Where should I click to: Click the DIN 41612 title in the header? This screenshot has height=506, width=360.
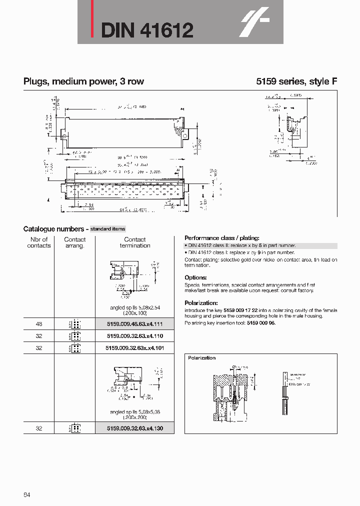tap(147, 31)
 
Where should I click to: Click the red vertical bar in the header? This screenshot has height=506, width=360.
tap(92, 19)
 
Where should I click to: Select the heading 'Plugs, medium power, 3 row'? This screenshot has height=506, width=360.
tap(83, 81)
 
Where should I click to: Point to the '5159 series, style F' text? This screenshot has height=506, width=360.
tap(296, 81)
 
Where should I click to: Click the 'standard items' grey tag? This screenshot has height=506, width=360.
tap(107, 229)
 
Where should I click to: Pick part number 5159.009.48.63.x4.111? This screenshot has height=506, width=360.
tap(135, 324)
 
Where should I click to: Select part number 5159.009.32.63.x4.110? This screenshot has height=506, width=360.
tap(135, 336)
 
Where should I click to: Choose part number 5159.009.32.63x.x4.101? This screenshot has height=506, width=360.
tap(135, 347)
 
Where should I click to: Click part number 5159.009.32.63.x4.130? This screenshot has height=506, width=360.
tap(135, 428)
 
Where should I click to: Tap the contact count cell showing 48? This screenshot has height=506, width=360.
tap(39, 324)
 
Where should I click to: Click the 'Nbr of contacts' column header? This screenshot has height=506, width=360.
tap(39, 242)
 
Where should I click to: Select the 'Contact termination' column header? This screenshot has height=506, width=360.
tap(135, 242)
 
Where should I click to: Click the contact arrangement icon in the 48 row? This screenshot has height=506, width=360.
tap(75, 324)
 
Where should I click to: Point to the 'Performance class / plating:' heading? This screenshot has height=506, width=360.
tap(222, 238)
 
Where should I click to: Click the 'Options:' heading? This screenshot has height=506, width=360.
tap(195, 277)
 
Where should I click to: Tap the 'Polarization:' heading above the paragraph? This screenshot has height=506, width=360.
tap(201, 303)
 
